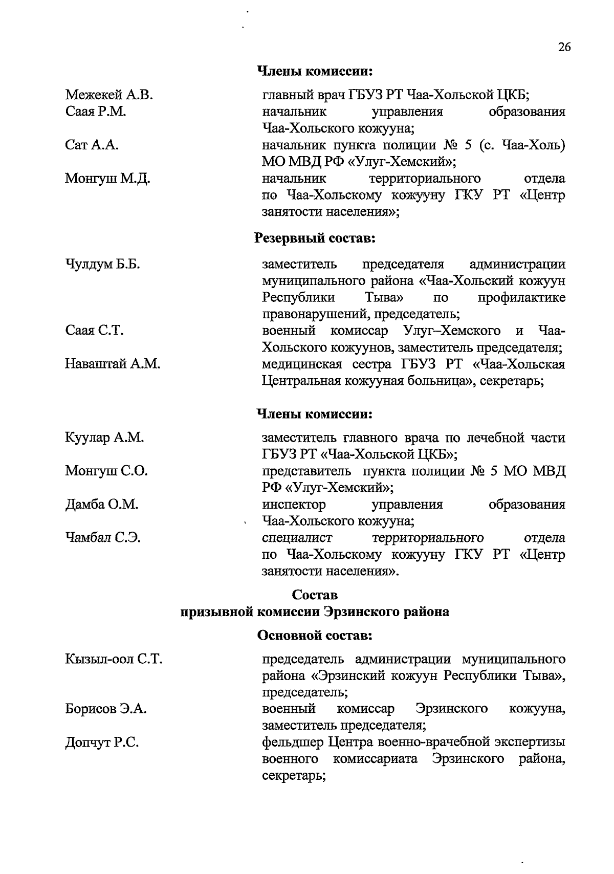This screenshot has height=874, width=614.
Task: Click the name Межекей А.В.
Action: point(109,95)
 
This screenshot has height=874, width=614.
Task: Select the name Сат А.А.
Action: point(92,145)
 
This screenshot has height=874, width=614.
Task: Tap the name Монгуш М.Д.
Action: point(107,179)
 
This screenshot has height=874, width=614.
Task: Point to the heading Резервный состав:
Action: point(315,238)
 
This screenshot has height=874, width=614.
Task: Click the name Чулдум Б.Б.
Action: point(103,265)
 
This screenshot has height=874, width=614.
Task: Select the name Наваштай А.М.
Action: point(113,364)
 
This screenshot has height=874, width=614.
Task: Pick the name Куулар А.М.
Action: point(104,438)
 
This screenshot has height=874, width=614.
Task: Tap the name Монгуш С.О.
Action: point(106,471)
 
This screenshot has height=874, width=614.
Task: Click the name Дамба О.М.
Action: point(102,505)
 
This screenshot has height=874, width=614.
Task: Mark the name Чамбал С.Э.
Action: point(103,538)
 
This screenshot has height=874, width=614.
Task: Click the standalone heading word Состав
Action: point(315,595)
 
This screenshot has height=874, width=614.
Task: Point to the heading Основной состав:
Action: point(315,636)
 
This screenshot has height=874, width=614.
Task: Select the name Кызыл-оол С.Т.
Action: point(114,659)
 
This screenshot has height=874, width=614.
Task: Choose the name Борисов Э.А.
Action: point(106,709)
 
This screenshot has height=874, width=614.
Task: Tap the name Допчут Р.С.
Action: point(102,742)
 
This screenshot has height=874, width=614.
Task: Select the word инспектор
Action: point(294,505)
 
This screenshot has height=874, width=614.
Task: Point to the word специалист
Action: point(297,538)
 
